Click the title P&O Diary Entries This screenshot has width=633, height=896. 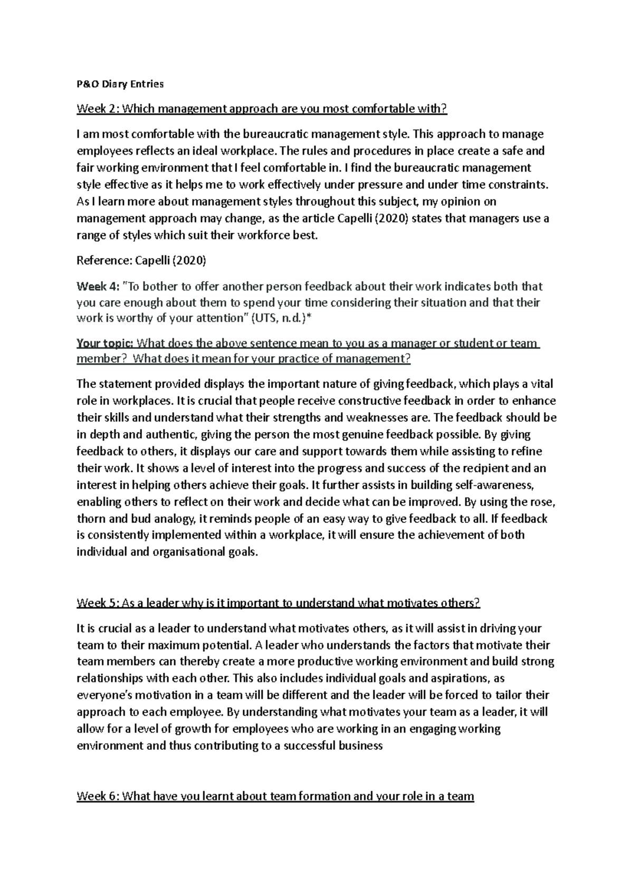point(120,84)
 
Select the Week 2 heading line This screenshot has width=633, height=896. point(262,109)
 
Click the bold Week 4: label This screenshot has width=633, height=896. point(98,287)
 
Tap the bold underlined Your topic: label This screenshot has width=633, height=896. point(105,344)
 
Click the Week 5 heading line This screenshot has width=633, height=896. point(279,603)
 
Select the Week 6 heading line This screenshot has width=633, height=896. point(275,796)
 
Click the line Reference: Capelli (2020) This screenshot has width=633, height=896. point(141,261)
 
